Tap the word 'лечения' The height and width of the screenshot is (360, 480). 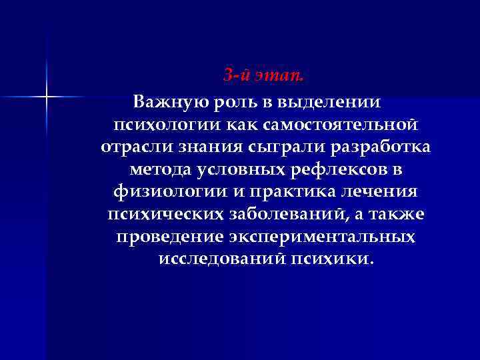click(382, 193)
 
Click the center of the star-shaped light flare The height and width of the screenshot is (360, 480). click(47, 97)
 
